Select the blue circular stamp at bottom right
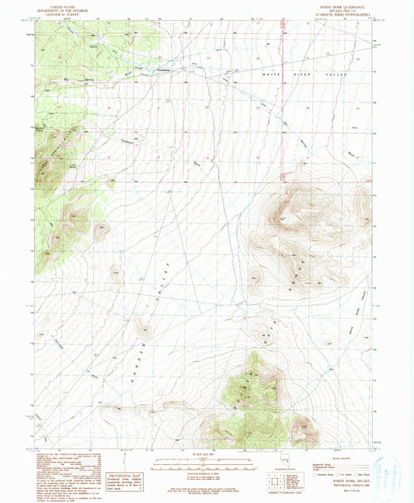388,470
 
